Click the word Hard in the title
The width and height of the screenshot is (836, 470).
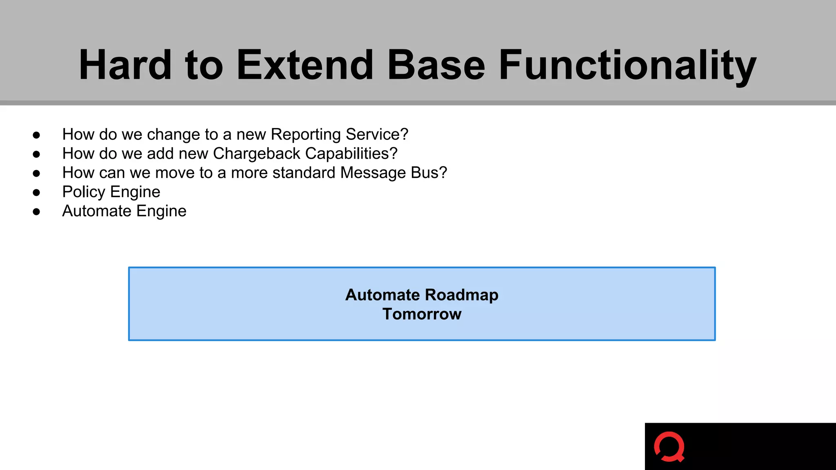[125, 65]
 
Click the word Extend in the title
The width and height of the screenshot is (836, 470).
[305, 65]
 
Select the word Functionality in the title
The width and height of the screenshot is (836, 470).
[627, 65]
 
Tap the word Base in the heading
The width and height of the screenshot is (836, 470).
[436, 65]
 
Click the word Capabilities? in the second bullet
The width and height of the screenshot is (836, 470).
[351, 154]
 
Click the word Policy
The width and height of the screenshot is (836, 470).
[84, 192]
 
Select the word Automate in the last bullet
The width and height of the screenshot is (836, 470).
[96, 211]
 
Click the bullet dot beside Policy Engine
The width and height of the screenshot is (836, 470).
[36, 193]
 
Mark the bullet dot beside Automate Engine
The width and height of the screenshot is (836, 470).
[36, 212]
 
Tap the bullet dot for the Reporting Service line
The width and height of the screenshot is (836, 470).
[36, 135]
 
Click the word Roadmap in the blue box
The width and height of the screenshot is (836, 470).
[461, 295]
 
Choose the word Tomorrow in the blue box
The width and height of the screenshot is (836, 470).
[422, 314]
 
